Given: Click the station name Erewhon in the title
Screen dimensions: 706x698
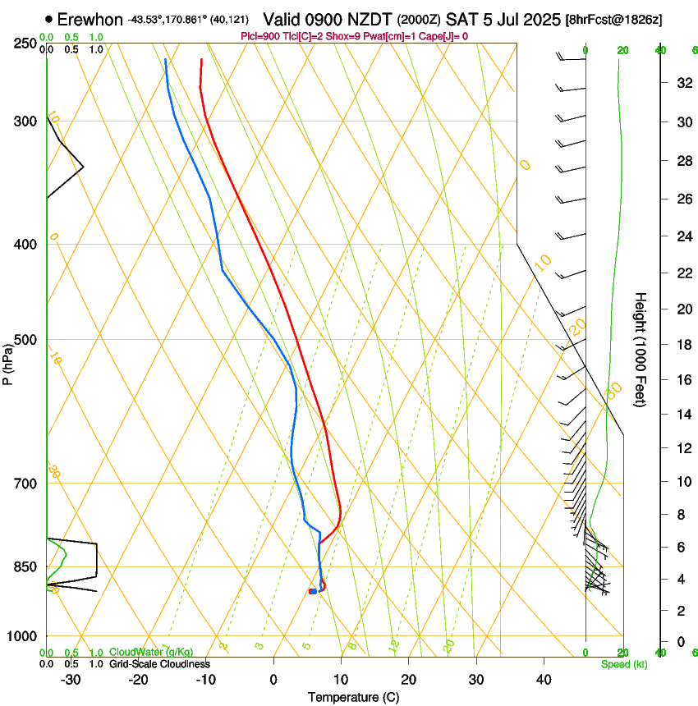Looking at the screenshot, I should point(90,19).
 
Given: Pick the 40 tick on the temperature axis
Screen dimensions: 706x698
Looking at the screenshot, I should point(544,680).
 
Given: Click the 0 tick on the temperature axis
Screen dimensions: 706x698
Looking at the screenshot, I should point(273,680).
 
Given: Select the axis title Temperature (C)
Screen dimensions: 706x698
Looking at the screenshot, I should point(353,697).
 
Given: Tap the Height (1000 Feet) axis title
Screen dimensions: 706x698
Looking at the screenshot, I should point(641,350).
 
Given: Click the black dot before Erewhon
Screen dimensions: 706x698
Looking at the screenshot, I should point(49,19).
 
